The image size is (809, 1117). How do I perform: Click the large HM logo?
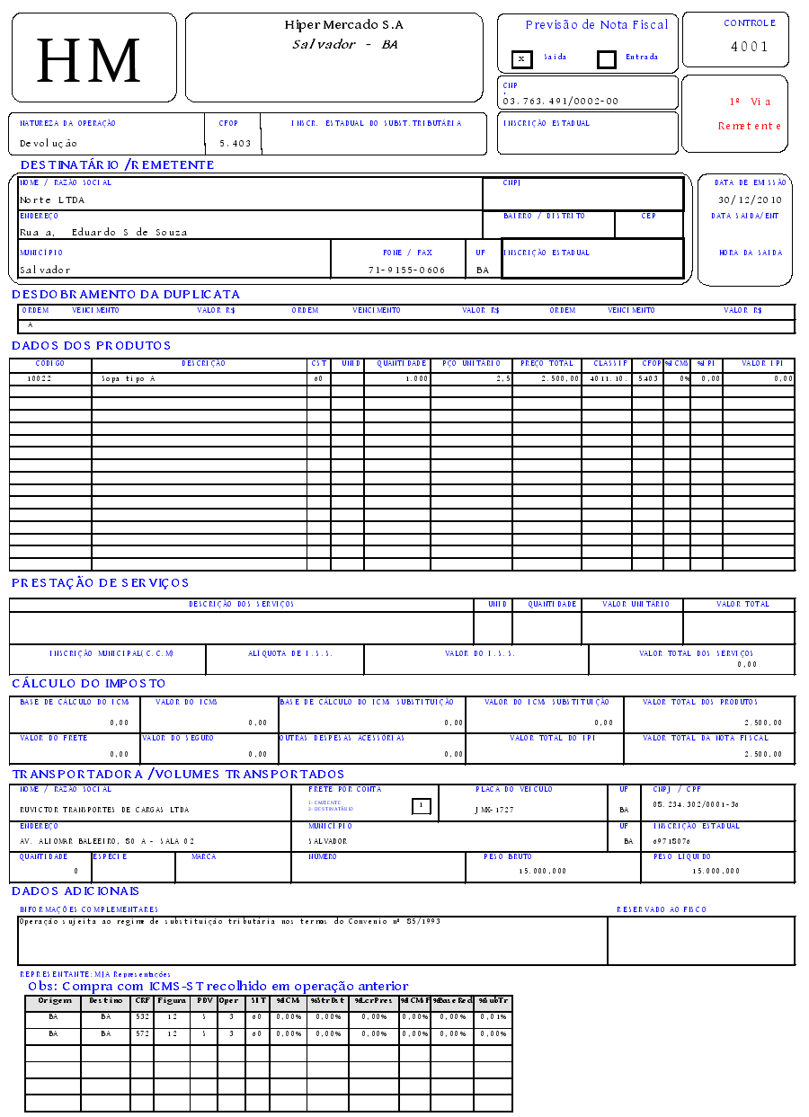click(89, 60)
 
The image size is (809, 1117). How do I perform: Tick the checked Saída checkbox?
click(521, 59)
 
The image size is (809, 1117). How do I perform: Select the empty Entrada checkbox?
click(607, 59)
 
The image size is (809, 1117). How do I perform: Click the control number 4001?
click(749, 47)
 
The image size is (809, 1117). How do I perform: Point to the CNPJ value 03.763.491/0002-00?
click(561, 102)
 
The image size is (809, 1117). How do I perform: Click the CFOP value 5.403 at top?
click(236, 143)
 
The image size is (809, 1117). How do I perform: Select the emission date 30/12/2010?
click(751, 199)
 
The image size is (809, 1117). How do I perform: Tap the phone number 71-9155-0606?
click(406, 270)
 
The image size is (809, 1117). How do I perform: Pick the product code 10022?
click(39, 379)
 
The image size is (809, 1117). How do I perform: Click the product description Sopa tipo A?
click(129, 379)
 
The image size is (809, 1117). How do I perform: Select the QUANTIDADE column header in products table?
click(401, 364)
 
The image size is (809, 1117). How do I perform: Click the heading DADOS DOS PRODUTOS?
click(91, 346)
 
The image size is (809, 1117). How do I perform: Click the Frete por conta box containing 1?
click(420, 806)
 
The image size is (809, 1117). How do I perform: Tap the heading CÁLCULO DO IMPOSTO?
click(89, 684)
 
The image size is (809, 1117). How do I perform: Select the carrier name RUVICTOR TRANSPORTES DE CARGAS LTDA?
click(104, 810)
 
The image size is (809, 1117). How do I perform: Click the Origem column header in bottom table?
click(53, 1000)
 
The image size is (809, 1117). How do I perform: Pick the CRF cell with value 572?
click(142, 1034)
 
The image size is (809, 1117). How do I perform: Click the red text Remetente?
click(749, 126)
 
